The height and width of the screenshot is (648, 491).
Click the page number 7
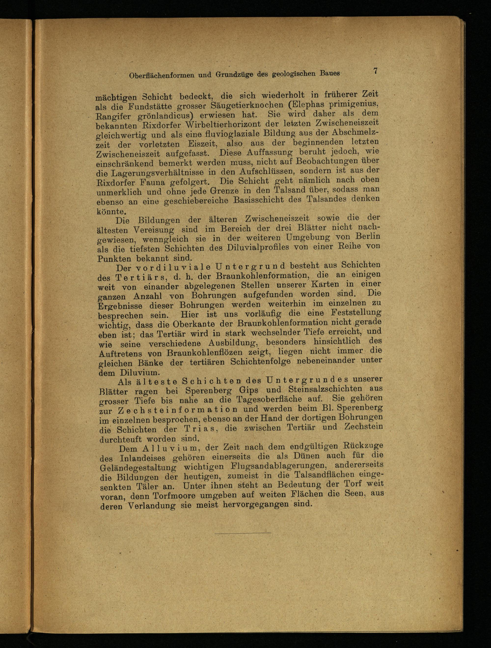click(x=375, y=71)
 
